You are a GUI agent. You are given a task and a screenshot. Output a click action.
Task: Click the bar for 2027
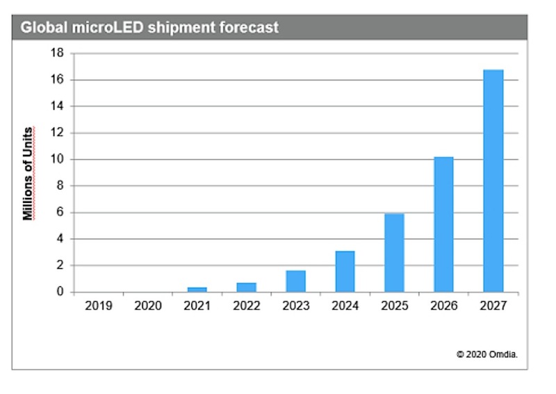(493, 181)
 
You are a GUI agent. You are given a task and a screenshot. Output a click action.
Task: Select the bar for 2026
(443, 224)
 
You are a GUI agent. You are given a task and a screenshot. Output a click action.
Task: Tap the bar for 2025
(394, 253)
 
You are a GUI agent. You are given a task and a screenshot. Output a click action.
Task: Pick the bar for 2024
(345, 272)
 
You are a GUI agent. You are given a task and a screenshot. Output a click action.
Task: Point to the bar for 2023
(295, 281)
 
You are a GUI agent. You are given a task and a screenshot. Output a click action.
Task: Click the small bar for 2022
(246, 287)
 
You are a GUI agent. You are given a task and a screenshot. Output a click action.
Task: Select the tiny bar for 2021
(197, 289)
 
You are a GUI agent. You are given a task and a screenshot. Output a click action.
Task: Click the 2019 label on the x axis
(98, 304)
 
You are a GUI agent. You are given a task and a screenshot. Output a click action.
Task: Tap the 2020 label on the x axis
(147, 304)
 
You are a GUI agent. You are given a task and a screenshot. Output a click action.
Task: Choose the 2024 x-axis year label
(345, 304)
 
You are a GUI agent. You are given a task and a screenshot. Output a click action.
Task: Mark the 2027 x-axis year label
(493, 304)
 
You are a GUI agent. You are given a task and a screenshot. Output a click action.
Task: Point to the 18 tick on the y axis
(58, 54)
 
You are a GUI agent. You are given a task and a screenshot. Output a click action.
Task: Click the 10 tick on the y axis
(58, 160)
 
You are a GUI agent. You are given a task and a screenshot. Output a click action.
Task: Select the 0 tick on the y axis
(61, 293)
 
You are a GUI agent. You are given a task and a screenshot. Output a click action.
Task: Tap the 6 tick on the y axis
(61, 213)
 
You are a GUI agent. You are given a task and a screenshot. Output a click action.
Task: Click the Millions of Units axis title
(28, 173)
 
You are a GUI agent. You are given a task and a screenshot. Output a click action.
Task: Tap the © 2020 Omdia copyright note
(486, 354)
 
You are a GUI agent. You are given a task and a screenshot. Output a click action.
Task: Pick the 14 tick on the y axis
(58, 106)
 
